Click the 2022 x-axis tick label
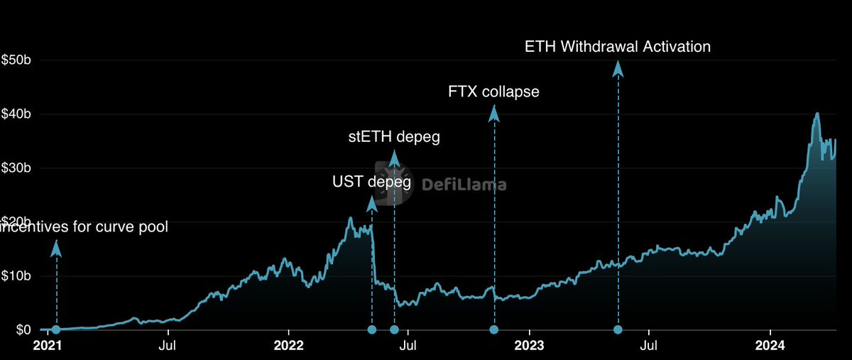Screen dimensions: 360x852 click(x=288, y=347)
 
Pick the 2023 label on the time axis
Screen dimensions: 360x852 click(x=529, y=347)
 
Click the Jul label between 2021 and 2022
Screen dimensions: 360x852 click(x=168, y=347)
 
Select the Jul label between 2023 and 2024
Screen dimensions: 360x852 click(x=649, y=347)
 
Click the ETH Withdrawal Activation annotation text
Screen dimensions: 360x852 click(x=618, y=47)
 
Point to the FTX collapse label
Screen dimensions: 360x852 click(x=494, y=92)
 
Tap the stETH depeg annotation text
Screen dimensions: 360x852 click(x=394, y=137)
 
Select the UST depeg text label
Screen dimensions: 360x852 click(x=372, y=182)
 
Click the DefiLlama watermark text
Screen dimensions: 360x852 click(x=464, y=185)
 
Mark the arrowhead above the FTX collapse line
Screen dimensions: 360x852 click(x=494, y=113)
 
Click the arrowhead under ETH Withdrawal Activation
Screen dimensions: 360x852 click(x=618, y=68)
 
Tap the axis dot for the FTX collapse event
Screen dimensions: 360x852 click(x=494, y=329)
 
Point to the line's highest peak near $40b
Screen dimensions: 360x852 click(x=817, y=114)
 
